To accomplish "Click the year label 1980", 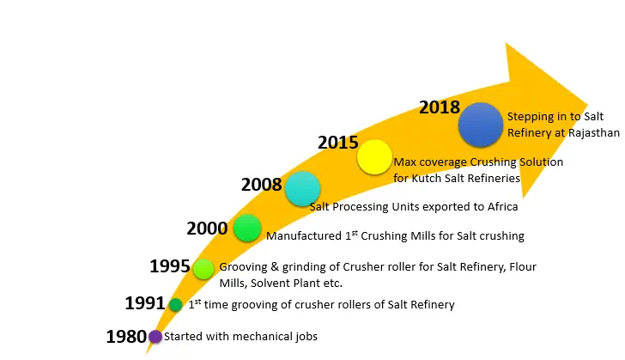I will click(126, 336).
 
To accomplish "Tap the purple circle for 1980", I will click(155, 337).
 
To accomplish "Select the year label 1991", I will click(145, 303).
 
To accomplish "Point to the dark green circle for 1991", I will click(176, 304).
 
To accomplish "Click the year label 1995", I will click(170, 265).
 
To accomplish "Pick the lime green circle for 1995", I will click(203, 268).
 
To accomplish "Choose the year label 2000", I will click(207, 228).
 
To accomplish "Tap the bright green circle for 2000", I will click(246, 228).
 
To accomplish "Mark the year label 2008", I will click(262, 184).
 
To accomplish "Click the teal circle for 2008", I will click(302, 189).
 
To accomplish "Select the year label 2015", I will click(338, 141).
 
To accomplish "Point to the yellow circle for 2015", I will click(374, 157).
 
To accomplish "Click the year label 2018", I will click(440, 107).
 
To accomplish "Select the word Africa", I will click(501, 206).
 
